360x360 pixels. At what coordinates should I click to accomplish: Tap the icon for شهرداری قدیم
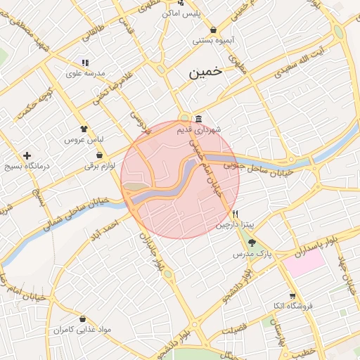click(x=200, y=117)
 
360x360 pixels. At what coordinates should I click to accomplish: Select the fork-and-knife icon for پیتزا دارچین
click(x=237, y=214)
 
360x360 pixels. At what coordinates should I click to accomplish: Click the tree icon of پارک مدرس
click(x=252, y=243)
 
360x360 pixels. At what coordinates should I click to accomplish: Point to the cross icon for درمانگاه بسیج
click(x=27, y=155)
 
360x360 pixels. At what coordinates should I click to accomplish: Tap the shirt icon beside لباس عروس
click(x=84, y=129)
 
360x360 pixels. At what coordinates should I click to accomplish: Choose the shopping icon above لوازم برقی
click(x=99, y=155)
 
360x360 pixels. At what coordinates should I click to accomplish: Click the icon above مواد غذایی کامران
click(x=84, y=319)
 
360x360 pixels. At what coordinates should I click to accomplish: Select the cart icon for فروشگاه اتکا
click(x=292, y=296)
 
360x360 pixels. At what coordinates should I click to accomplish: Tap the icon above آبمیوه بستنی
click(x=213, y=30)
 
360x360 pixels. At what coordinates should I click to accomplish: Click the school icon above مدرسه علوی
click(x=85, y=63)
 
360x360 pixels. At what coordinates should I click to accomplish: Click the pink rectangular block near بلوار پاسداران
click(x=304, y=263)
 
